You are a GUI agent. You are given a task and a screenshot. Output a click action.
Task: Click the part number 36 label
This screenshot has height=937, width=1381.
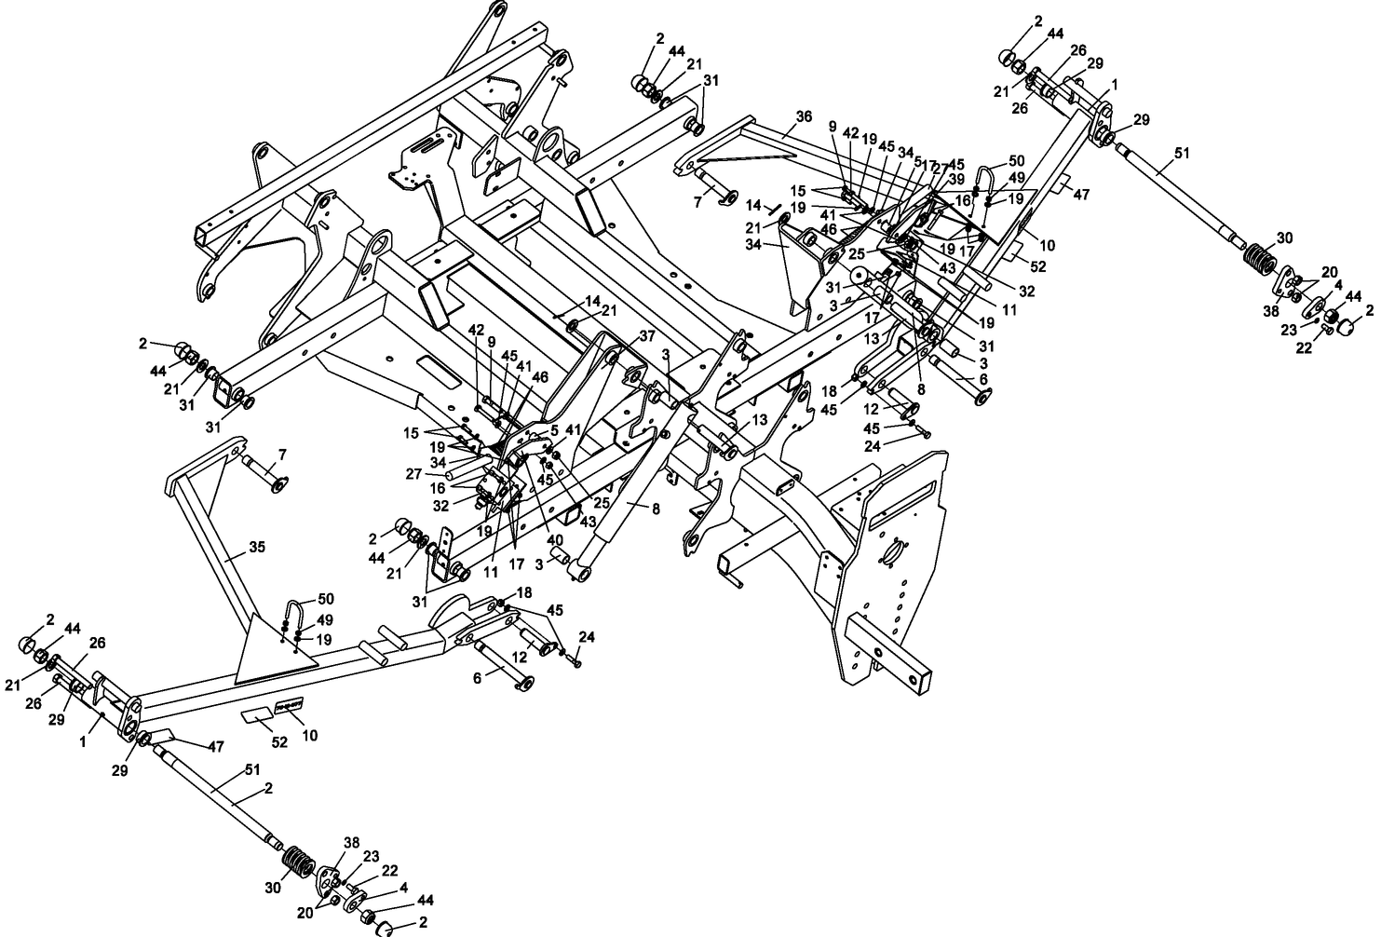(x=804, y=117)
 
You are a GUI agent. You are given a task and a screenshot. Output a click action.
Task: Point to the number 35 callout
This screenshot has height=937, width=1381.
(x=257, y=547)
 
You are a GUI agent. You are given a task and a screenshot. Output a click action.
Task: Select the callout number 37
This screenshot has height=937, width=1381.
(x=647, y=336)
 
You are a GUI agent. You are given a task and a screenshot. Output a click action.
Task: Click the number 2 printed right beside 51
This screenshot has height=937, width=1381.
(x=268, y=788)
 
